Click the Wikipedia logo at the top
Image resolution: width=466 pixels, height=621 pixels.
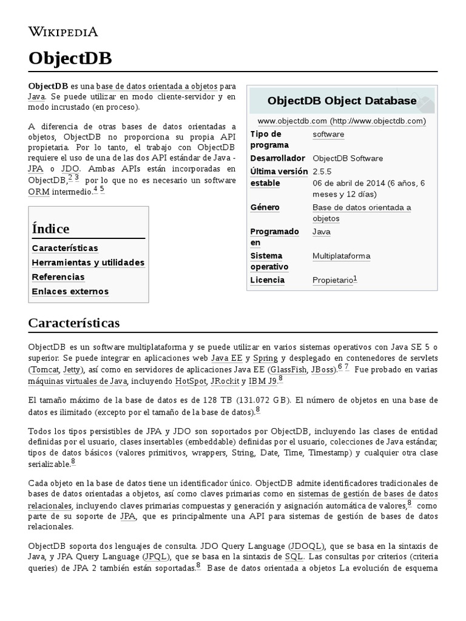(62, 32)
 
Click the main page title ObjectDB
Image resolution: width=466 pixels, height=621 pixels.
(70, 58)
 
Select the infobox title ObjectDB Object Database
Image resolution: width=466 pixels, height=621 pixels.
(342, 101)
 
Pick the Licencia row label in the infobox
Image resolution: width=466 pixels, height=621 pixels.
(267, 280)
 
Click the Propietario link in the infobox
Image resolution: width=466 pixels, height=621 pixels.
(332, 280)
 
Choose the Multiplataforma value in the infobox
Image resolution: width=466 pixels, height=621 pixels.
(341, 256)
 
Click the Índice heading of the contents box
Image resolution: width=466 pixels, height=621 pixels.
(50, 229)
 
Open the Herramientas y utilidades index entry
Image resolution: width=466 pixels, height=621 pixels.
(88, 263)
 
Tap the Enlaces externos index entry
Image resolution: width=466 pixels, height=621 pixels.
(70, 292)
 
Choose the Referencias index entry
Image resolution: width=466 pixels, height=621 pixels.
(58, 277)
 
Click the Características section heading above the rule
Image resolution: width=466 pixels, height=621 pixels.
(74, 323)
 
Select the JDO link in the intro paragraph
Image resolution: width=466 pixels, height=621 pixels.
(70, 169)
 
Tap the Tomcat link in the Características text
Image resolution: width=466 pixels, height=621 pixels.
(46, 369)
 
